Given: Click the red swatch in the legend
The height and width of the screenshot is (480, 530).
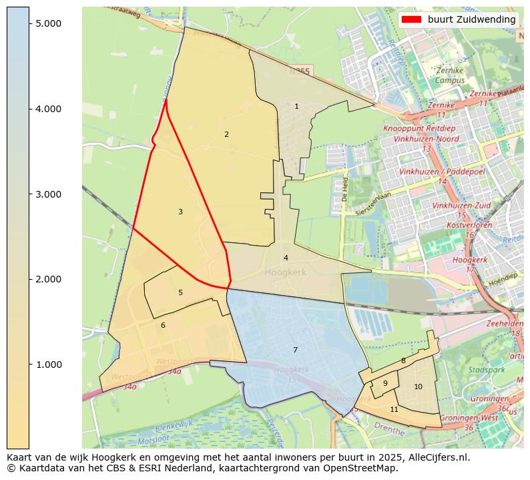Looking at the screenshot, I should (411, 19).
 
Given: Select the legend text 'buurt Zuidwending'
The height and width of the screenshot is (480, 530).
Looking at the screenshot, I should (471, 19).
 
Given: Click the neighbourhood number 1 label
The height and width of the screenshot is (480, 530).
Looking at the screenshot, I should (296, 106).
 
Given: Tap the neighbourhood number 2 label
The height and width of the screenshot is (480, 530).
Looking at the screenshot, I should (226, 134).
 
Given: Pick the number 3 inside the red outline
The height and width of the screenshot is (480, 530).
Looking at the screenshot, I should (180, 212).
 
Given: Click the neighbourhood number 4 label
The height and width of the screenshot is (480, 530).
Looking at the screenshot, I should (286, 258).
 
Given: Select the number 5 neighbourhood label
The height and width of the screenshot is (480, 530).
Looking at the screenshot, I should (180, 292).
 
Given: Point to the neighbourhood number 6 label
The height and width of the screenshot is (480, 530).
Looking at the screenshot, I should (163, 325).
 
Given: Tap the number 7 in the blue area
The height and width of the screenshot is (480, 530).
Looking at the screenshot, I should (295, 350).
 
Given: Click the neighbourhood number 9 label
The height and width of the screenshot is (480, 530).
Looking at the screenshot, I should (385, 383).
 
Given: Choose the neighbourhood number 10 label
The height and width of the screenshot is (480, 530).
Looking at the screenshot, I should (418, 387).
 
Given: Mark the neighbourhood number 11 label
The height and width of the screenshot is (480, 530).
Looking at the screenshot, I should (394, 409).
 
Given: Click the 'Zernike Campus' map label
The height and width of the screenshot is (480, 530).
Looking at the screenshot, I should (449, 75).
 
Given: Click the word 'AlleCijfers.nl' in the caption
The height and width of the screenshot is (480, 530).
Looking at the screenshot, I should (437, 457).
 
